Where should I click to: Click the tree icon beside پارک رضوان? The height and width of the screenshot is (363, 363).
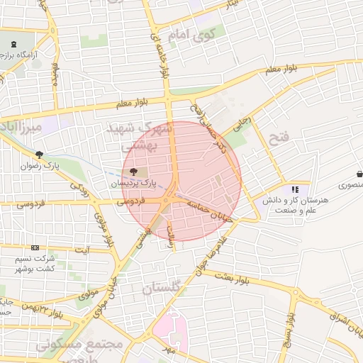click(x=40, y=154)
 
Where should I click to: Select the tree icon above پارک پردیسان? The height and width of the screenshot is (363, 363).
click(x=135, y=171)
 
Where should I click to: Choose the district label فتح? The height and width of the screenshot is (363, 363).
click(x=276, y=139)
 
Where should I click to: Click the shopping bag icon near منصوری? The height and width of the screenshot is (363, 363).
click(x=361, y=173)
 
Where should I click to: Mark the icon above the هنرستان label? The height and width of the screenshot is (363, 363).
click(x=295, y=189)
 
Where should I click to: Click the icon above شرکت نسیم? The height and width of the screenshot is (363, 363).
click(x=35, y=248)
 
